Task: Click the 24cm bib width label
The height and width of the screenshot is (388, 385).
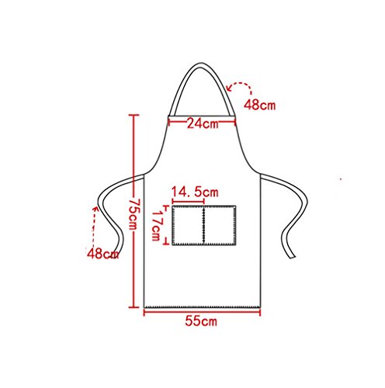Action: (203, 123)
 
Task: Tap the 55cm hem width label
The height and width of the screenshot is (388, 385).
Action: (201, 321)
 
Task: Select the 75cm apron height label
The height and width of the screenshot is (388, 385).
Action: (134, 214)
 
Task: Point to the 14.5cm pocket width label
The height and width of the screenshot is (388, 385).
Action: (195, 192)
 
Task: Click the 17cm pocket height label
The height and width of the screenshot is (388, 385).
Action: (156, 224)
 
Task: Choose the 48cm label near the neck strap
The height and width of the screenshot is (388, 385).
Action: (259, 105)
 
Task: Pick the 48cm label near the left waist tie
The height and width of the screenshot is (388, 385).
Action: (102, 254)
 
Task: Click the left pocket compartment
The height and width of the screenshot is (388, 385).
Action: (188, 225)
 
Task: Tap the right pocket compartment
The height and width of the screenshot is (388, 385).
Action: (220, 225)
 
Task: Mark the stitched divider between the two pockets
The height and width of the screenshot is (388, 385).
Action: (204, 225)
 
